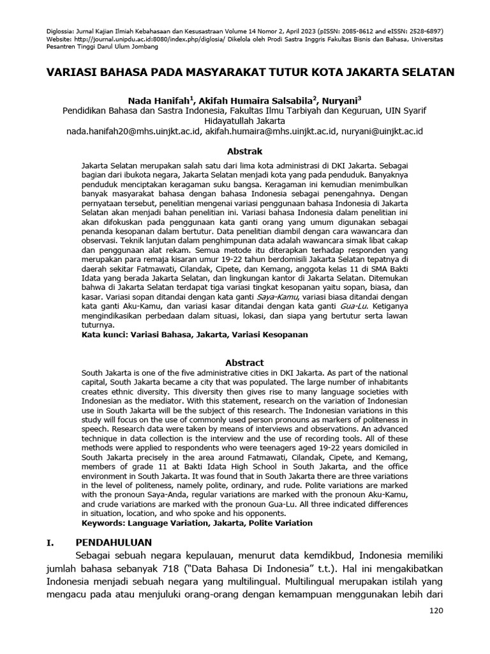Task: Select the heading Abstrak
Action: (245, 151)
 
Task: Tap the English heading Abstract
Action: (246, 363)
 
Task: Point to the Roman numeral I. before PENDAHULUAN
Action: (52, 542)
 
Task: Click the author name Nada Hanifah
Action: (160, 100)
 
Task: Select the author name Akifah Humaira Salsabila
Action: (256, 100)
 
